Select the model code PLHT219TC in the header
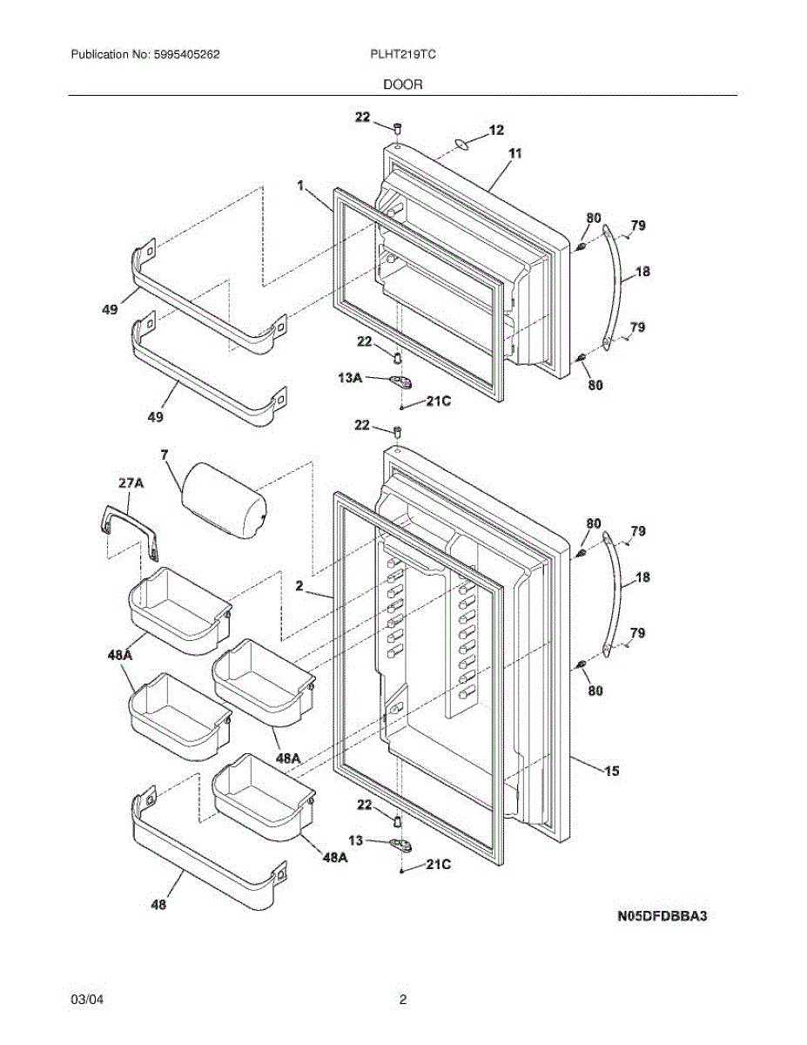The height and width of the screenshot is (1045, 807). tap(403, 54)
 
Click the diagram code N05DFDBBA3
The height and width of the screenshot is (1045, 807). tap(662, 917)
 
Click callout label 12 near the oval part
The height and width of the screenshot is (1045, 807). tap(496, 131)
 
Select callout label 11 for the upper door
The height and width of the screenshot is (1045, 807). tap(514, 153)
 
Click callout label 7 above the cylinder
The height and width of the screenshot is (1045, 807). tap(164, 455)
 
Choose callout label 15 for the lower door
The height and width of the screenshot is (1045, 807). tap(612, 770)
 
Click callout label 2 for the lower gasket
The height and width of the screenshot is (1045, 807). tap(299, 587)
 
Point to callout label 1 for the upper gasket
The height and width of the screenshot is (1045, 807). tap(299, 185)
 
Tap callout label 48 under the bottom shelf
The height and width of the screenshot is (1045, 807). tap(158, 904)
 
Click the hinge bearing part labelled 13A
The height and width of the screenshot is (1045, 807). tap(402, 381)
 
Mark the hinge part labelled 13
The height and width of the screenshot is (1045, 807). tap(402, 843)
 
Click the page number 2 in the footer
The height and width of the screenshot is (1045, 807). tap(403, 1000)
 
